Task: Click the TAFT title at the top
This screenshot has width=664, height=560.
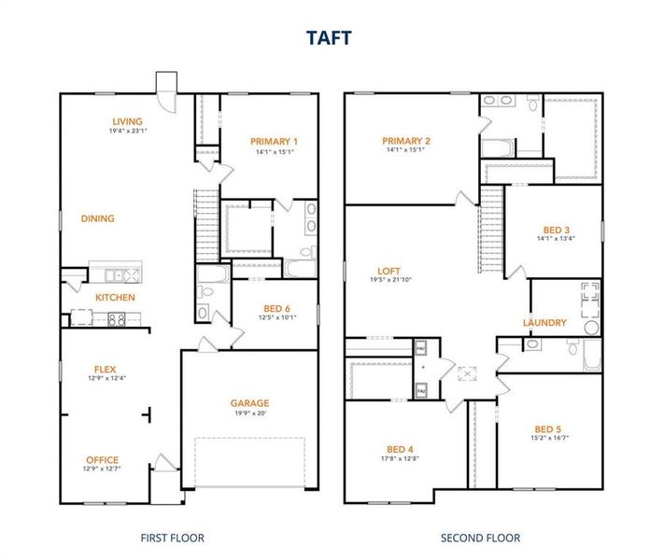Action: (x=332, y=36)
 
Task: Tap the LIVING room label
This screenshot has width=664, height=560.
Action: (x=127, y=121)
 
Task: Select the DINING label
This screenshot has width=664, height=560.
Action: (x=97, y=218)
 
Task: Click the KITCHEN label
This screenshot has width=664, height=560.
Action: (x=115, y=298)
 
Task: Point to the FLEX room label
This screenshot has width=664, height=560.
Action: (x=104, y=369)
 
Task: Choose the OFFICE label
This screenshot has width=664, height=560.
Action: (x=102, y=459)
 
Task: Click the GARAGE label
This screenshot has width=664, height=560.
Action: (x=249, y=403)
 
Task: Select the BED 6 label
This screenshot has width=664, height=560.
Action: (x=275, y=308)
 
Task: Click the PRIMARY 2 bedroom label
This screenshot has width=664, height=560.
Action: (x=405, y=140)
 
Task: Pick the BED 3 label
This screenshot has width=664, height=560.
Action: (x=556, y=229)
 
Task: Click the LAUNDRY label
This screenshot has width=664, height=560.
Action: (x=544, y=323)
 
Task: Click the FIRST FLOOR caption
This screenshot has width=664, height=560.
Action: (x=172, y=538)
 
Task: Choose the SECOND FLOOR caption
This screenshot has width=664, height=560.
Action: (x=480, y=538)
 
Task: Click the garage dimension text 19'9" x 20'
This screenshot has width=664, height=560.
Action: (x=249, y=413)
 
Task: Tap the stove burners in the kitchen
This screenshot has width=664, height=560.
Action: (x=118, y=319)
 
